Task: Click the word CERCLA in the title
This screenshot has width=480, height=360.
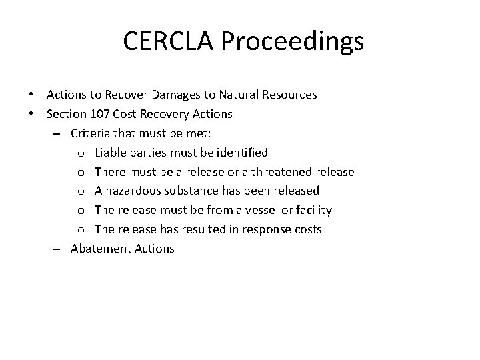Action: point(170,42)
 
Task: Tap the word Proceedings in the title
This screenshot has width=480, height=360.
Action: point(293,42)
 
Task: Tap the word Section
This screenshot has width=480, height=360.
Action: point(67,115)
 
